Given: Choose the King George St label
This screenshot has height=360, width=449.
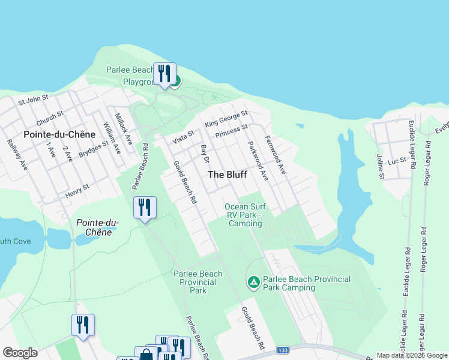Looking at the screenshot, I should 226,119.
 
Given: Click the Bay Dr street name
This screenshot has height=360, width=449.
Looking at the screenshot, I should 205,154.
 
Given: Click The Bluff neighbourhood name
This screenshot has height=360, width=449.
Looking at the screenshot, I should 227,175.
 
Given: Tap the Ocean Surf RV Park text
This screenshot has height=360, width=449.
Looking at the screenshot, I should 245,215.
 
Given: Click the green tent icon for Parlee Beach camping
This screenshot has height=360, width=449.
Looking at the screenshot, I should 253,281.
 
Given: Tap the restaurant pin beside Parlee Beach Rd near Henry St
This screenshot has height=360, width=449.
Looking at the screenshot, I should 145,208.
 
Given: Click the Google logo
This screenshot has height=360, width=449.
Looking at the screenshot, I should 20,352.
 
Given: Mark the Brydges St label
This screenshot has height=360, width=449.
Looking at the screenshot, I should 94,148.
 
